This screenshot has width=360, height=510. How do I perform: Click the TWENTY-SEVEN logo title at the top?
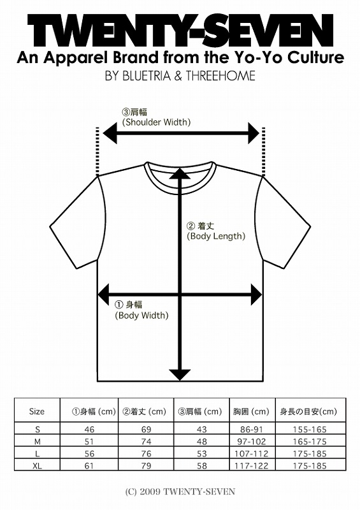[x=180, y=31]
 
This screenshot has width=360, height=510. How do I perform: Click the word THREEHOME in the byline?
[x=220, y=76]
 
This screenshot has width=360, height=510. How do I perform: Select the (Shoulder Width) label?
[x=156, y=122]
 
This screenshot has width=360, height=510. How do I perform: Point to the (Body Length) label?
[x=216, y=236]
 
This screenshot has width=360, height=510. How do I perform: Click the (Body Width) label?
[x=141, y=315]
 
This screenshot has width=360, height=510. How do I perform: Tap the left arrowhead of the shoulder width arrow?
[x=110, y=133]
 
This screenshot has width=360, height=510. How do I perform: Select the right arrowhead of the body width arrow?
[x=256, y=295]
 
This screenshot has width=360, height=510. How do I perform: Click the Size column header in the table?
[x=37, y=411]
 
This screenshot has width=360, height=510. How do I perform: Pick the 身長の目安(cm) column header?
[x=308, y=411]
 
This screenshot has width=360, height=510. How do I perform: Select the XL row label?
[x=38, y=466]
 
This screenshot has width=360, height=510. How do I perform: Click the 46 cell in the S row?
[x=89, y=429]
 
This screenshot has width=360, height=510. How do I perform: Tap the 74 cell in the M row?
[x=147, y=442]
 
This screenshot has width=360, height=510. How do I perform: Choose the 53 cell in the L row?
[x=201, y=454]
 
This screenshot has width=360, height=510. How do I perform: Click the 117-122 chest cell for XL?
[x=252, y=466]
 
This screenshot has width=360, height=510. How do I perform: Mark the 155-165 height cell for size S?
[x=310, y=429]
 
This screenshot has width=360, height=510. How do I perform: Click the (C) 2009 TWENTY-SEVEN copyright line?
[x=180, y=492]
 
